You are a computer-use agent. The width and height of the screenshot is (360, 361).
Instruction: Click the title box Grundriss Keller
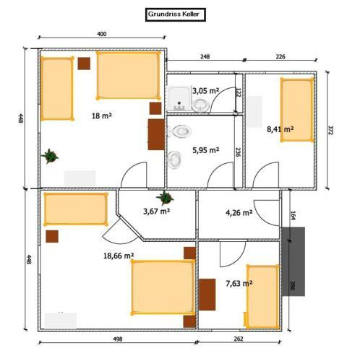point(175,14)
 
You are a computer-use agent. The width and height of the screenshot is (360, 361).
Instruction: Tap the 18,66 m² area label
point(119,256)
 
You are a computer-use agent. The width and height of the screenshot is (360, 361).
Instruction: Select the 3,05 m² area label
point(206,91)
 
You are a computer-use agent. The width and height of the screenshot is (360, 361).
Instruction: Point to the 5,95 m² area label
point(206,150)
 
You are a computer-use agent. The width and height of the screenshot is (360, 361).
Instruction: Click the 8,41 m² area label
point(280,129)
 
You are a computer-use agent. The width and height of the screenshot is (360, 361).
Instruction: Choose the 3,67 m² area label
point(157,212)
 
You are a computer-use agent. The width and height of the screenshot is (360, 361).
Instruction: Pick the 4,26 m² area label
point(239,213)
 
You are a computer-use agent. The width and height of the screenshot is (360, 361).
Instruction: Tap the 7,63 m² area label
point(239,284)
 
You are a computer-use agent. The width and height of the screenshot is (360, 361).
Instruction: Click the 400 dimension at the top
point(102,34)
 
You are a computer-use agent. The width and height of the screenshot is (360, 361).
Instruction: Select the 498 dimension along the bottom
point(118,339)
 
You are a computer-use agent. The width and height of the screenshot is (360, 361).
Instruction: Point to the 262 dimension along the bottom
point(239,339)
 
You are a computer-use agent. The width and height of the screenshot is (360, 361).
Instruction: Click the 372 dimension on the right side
point(330,130)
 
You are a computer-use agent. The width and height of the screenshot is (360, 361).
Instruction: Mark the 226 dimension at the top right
point(280,57)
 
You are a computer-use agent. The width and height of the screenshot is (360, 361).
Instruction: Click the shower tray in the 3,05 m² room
point(179,99)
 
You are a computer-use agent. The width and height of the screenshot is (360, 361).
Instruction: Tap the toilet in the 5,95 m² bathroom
point(180,131)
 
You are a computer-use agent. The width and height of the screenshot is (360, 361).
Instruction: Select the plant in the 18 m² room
point(50,156)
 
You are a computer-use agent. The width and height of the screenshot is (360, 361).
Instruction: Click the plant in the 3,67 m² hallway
point(165,198)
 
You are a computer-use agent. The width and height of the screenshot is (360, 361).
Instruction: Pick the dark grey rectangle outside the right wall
point(293,261)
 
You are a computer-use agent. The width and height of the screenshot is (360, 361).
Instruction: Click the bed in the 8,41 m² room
point(297,110)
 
